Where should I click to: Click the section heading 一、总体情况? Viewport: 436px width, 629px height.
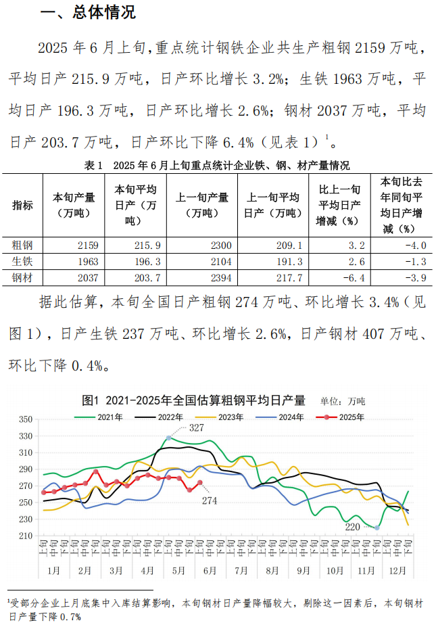click(88, 12)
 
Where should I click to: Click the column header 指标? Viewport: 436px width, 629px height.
click(22, 206)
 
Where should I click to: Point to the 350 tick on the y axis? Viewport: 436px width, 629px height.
click(26, 419)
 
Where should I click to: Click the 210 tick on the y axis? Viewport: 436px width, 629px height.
click(26, 536)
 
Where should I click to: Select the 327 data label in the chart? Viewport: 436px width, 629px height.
click(197, 428)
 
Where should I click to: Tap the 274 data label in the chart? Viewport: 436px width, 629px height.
click(208, 500)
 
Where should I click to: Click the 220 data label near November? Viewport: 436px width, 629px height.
click(354, 526)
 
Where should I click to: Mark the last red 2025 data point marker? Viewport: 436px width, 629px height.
click(200, 483)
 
